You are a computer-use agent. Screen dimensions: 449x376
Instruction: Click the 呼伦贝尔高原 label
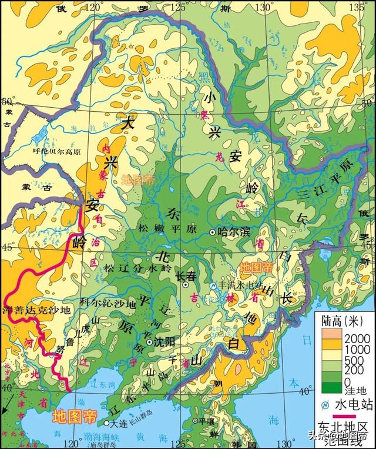tap(56, 151)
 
